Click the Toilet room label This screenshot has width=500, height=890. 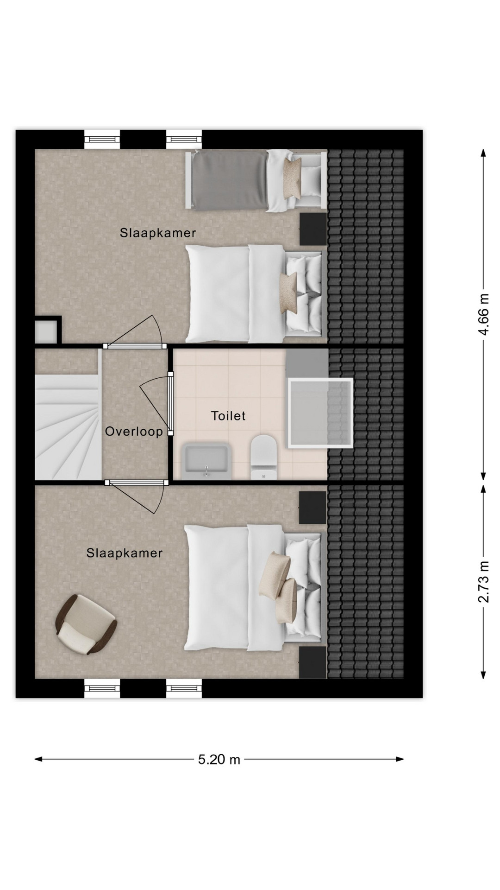coord(228,416)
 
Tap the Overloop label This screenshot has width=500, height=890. coord(134,432)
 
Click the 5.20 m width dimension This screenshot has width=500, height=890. coord(219,759)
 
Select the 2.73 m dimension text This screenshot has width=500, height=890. coord(483,581)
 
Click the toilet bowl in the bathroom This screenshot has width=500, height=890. coord(263,457)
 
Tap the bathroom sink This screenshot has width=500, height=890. coord(206,461)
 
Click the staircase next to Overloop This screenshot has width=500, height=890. coord(68,414)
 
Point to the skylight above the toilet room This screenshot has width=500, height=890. coord(320,413)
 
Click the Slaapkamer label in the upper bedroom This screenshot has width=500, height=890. coord(158,233)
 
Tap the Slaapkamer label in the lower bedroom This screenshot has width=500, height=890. coord(125,553)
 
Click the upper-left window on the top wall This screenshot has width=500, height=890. coord(102,139)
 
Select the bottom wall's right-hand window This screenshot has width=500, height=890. coord(184,688)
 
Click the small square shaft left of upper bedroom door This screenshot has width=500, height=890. coord(46,331)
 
